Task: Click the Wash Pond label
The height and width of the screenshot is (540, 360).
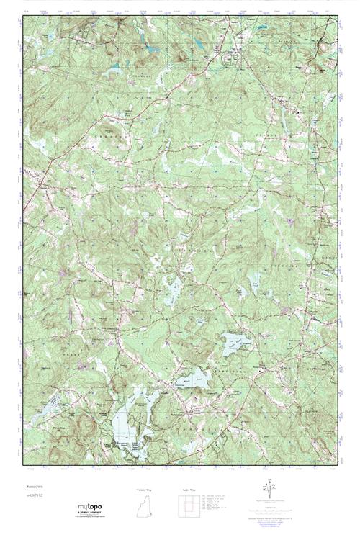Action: click(x=184, y=377)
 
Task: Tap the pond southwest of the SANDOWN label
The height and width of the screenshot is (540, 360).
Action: click(x=174, y=292)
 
